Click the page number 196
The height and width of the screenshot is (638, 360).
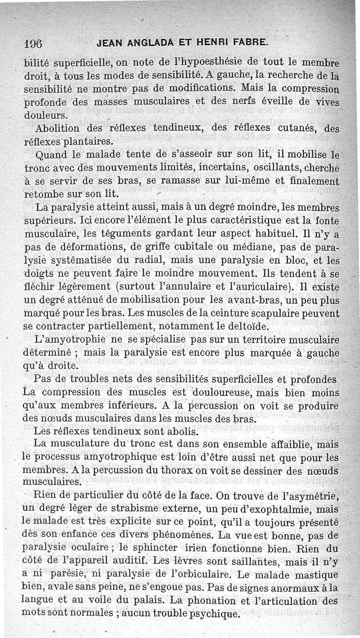click(x=33, y=44)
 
